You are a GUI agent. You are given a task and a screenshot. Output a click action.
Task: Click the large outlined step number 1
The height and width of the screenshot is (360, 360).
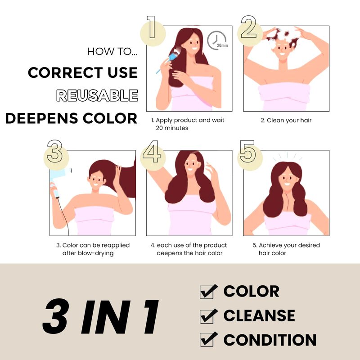152,27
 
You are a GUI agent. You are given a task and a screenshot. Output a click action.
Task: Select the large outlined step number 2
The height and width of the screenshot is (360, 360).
249,27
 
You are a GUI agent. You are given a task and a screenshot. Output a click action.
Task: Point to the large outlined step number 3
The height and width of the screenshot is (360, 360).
54,151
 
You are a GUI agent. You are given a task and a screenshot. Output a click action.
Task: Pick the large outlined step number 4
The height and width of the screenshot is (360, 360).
151,151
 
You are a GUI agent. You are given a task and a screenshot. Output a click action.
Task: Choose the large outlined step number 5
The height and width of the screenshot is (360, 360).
247,151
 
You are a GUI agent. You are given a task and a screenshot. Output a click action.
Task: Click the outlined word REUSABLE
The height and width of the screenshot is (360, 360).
97,95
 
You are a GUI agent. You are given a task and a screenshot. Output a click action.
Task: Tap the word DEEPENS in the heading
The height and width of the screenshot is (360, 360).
41,118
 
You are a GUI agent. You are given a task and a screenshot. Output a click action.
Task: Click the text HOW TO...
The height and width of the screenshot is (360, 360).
112,51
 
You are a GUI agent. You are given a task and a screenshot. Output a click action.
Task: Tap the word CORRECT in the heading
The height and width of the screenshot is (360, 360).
65,72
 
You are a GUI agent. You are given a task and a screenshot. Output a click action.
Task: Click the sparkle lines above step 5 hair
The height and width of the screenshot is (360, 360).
287,156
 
